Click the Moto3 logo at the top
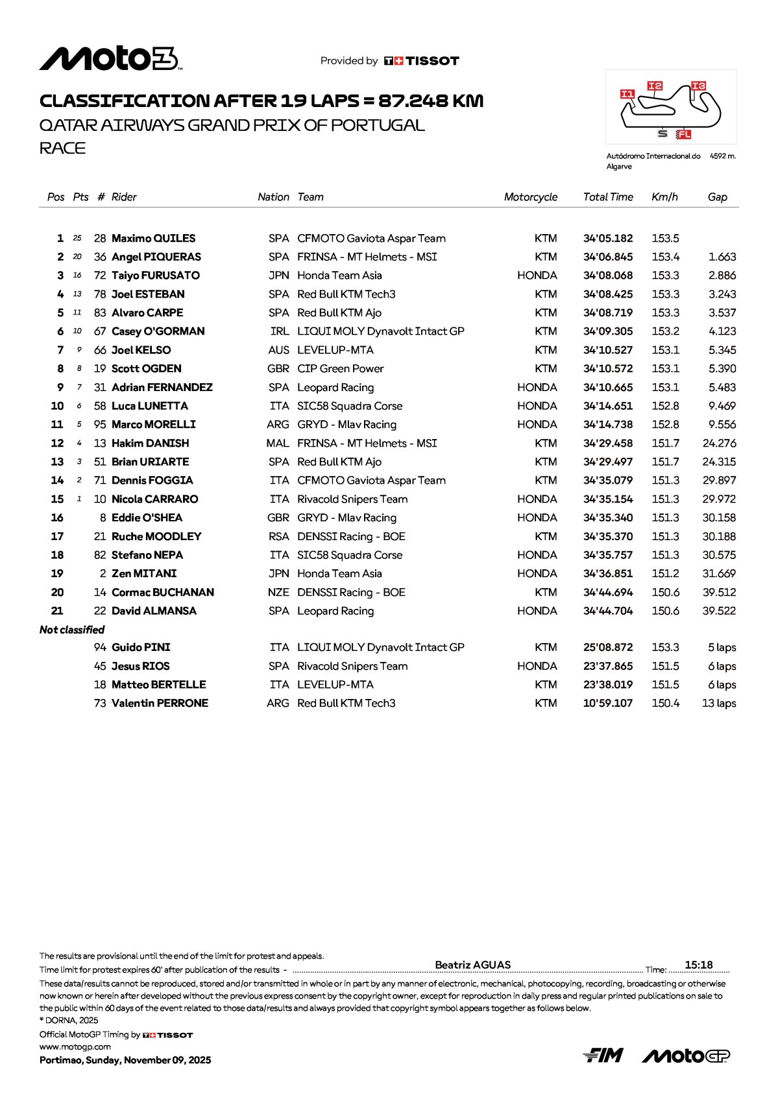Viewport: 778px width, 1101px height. pyautogui.click(x=110, y=59)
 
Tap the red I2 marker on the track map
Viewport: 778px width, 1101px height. pyautogui.click(x=655, y=86)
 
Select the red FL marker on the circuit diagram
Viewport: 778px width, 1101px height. pyautogui.click(x=683, y=134)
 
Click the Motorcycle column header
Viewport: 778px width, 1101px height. pyautogui.click(x=530, y=197)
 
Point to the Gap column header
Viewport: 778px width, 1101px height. pyautogui.click(x=717, y=197)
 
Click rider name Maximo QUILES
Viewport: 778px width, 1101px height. pyautogui.click(x=153, y=239)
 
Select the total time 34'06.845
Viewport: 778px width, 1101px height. pyautogui.click(x=607, y=257)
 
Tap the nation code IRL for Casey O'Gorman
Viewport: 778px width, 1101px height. pyautogui.click(x=280, y=331)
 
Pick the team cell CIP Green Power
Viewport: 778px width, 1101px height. pyautogui.click(x=340, y=369)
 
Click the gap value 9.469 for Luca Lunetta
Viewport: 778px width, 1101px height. pyautogui.click(x=722, y=406)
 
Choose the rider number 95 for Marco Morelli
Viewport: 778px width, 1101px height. pyautogui.click(x=100, y=425)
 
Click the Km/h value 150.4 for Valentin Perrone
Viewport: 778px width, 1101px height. pyautogui.click(x=665, y=704)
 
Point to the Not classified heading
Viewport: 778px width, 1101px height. pyautogui.click(x=72, y=630)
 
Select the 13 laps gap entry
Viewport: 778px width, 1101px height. pyautogui.click(x=718, y=704)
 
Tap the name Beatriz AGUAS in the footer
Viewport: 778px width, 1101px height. pyautogui.click(x=472, y=965)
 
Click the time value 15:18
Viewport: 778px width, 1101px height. pyautogui.click(x=698, y=965)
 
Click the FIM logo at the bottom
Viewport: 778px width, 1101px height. pyautogui.click(x=603, y=1056)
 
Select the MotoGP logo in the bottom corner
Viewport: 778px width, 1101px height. pyautogui.click(x=686, y=1056)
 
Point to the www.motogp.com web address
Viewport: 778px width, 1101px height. pyautogui.click(x=75, y=1047)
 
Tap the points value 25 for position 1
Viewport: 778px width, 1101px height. pyautogui.click(x=78, y=239)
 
